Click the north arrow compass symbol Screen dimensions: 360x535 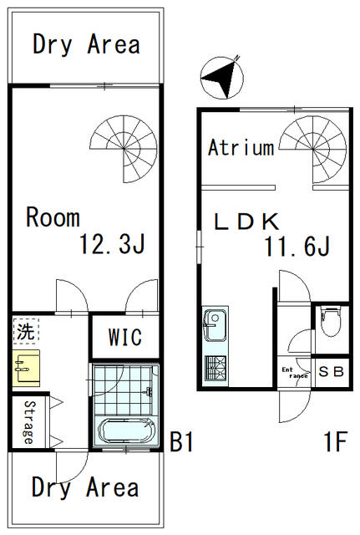tap(222, 78)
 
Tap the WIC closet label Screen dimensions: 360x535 tap(125, 337)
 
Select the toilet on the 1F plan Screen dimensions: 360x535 tap(330, 322)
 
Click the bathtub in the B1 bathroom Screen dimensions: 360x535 tap(126, 431)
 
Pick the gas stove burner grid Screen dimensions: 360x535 tap(215, 368)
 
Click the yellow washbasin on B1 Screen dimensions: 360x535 tap(26, 368)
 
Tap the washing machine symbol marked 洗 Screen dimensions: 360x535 tap(26, 331)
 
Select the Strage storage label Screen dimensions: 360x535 tap(30, 422)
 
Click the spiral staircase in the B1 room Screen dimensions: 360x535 tap(124, 149)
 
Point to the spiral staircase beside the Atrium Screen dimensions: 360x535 tap(313, 150)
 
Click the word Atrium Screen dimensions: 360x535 tap(241, 147)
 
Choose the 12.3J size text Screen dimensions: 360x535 tap(112, 243)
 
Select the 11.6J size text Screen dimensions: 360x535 tap(297, 246)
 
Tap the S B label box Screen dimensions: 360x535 tap(331, 371)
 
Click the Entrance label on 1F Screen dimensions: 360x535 tap(295, 373)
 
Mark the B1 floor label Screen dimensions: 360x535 tap(182, 442)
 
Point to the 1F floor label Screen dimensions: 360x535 tap(336, 441)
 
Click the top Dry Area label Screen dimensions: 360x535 tap(86, 44)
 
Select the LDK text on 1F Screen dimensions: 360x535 tap(246, 222)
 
